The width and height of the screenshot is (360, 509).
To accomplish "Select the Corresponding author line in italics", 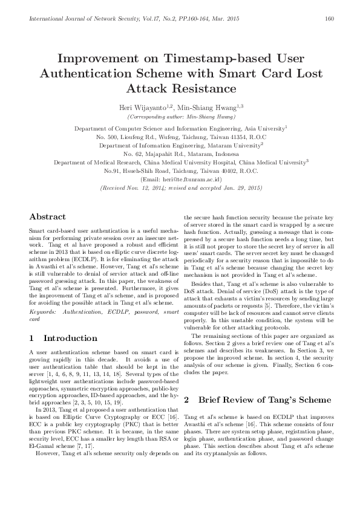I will point(179,115).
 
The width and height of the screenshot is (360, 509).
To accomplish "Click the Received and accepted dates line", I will point(179,188).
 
